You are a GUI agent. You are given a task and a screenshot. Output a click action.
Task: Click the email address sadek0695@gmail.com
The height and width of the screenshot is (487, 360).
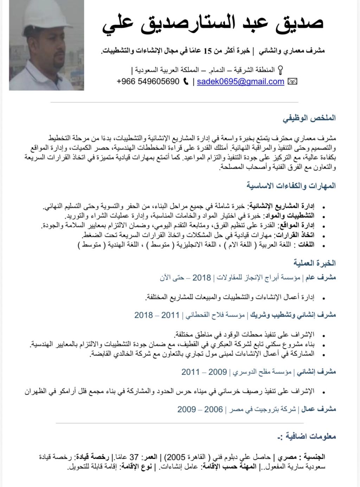coord(240,82)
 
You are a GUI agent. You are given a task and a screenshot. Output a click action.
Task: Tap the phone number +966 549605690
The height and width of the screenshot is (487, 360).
coord(148,82)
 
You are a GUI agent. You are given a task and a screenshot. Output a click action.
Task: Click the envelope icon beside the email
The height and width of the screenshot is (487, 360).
coord(292,82)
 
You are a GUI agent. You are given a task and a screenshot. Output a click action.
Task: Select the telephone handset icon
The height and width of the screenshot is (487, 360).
coord(186,82)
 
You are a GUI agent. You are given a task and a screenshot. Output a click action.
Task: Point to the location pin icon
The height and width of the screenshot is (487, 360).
coord(280,70)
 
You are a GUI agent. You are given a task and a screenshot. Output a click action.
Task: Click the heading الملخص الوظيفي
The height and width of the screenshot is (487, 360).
coord(309,118)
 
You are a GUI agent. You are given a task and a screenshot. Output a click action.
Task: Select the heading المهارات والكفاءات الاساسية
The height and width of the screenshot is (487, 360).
coord(291,185)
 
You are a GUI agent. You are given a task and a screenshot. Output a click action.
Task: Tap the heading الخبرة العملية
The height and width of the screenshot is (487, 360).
coord(315,263)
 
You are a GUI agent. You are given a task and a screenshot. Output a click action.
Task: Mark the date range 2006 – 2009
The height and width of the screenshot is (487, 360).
coord(200,409)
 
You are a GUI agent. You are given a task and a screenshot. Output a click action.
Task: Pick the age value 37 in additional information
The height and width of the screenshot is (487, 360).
coord(134,457)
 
